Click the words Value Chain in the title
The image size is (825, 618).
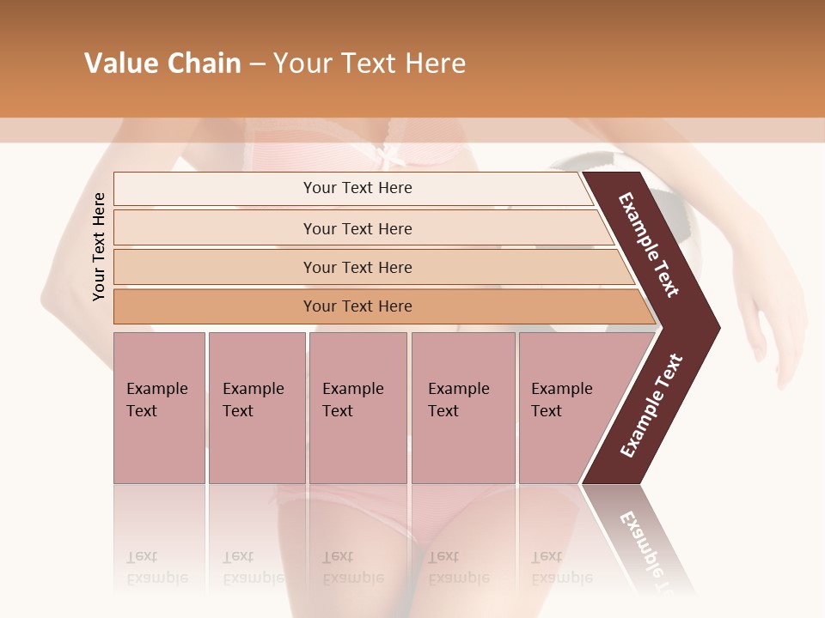[162, 64]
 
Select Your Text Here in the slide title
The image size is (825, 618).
[370, 64]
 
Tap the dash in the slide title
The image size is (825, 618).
[257, 64]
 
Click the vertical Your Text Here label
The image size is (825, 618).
[99, 246]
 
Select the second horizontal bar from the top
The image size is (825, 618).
[357, 228]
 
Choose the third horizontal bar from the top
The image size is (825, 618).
[357, 267]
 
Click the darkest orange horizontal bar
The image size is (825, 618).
[357, 306]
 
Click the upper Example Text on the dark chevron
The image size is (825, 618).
[649, 245]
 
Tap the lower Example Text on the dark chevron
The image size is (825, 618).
[651, 405]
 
